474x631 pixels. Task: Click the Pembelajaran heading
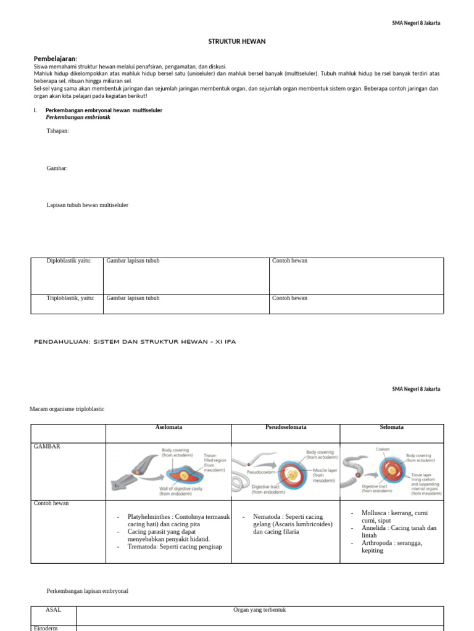[56, 58]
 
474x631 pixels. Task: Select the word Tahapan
[58, 131]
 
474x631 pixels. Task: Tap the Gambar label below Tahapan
[57, 168]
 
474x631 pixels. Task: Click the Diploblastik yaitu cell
[69, 261]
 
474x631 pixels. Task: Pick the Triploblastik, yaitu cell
[70, 298]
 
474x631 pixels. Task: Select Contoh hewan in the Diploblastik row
[289, 261]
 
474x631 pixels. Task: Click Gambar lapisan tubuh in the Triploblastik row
[133, 298]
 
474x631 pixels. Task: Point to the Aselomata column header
[168, 427]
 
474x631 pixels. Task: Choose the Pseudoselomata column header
[285, 427]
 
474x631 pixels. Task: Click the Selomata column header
[391, 427]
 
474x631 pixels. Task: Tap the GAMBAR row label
[48, 446]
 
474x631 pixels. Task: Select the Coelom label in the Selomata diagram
[383, 450]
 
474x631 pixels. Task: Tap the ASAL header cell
[53, 609]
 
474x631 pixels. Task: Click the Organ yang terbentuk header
[259, 609]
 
